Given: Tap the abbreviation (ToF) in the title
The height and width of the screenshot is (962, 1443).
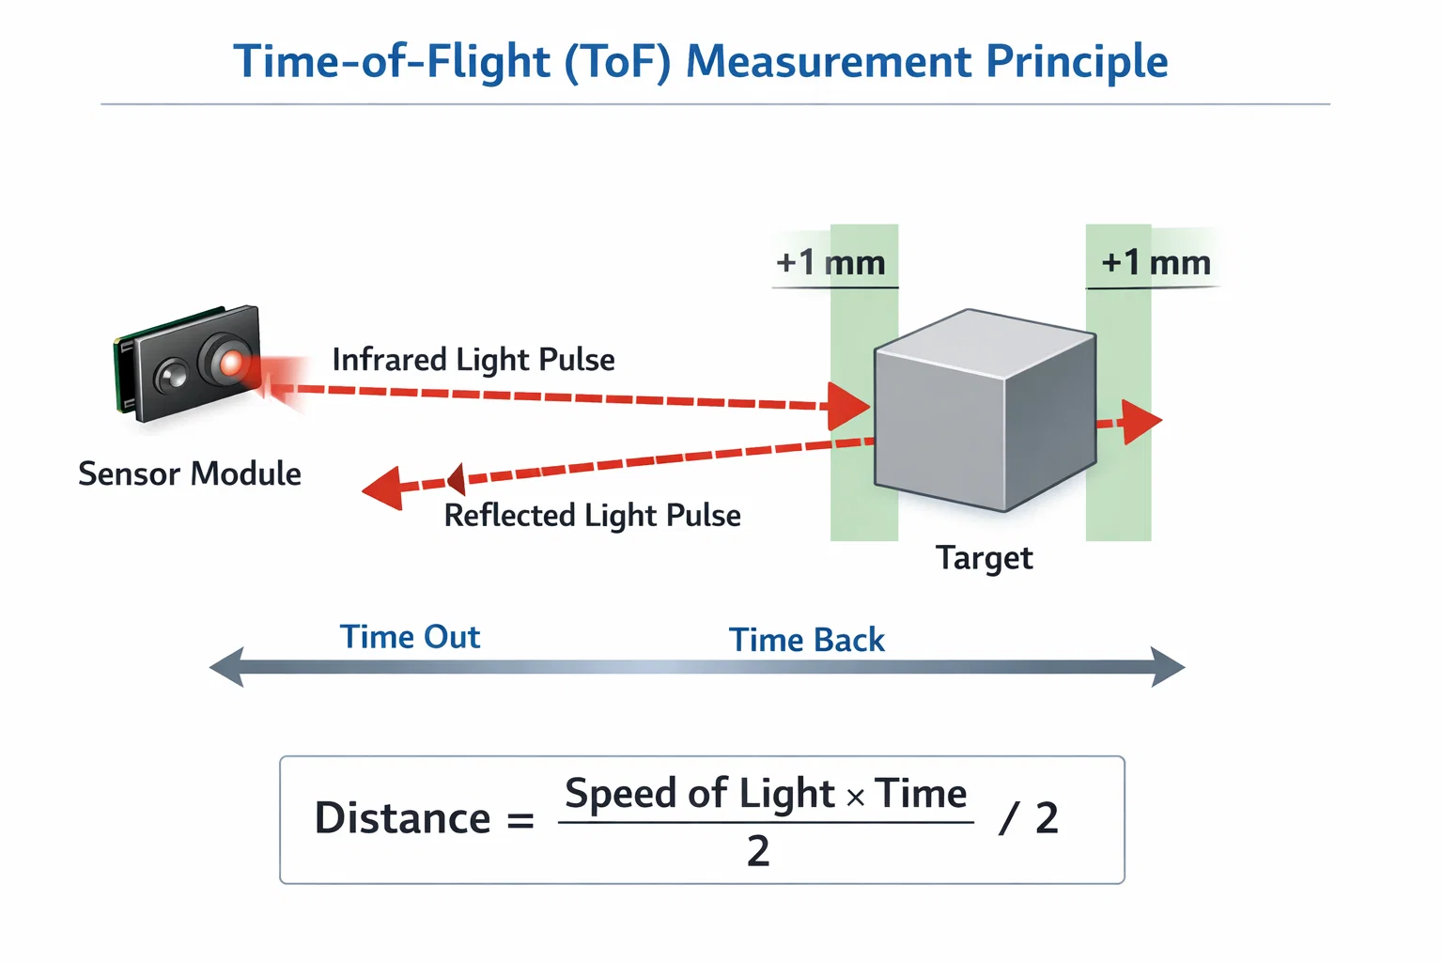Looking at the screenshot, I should [617, 62].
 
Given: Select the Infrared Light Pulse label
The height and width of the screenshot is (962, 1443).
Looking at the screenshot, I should [473, 360].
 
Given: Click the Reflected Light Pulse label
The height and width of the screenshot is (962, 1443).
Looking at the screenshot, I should [592, 516].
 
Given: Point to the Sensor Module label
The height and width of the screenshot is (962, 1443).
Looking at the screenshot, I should [190, 473].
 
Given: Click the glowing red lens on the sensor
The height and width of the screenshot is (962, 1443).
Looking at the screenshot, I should [229, 362].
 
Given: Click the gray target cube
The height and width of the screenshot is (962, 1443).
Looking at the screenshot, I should [985, 411].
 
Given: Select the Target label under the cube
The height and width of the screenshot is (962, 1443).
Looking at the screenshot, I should [984, 558].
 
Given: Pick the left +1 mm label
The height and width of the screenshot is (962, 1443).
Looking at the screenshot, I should [831, 263].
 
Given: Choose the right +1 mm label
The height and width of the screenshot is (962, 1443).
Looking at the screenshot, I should [1156, 263].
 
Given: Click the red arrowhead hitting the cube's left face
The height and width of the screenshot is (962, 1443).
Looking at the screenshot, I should [848, 406].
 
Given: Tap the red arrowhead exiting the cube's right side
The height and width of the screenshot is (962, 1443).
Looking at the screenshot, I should [1141, 422].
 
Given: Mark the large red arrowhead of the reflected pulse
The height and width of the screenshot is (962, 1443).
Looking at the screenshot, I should [384, 489].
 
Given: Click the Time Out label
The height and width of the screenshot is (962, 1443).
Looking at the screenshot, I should [410, 637].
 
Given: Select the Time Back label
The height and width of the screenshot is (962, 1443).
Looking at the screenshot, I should [807, 640].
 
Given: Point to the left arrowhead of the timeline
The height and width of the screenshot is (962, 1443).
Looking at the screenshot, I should [227, 667].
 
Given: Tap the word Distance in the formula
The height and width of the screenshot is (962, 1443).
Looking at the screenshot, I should [402, 818].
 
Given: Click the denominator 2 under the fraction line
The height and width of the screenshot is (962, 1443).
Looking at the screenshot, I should [758, 851].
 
